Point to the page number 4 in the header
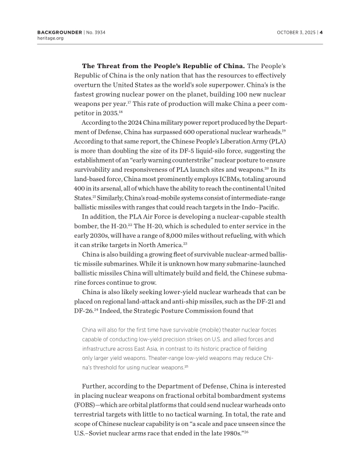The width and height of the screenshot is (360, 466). pyautogui.click(x=321, y=32)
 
